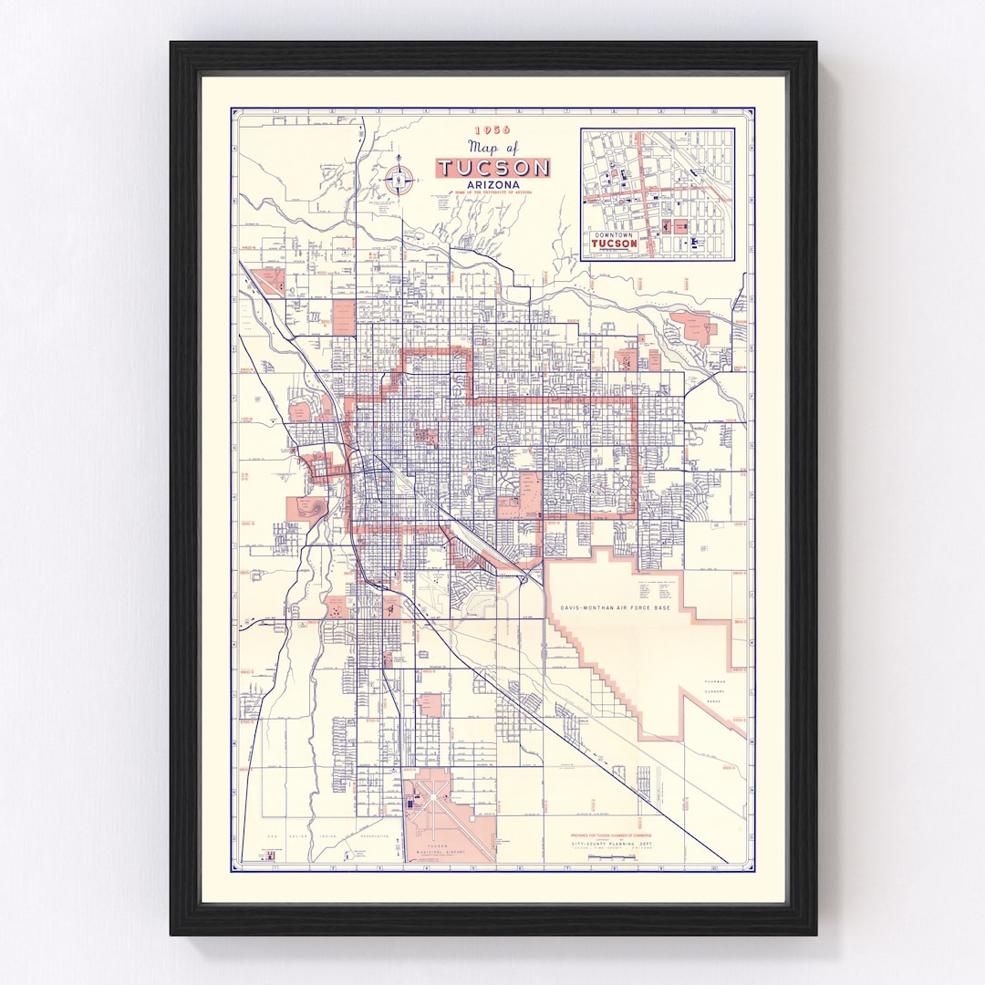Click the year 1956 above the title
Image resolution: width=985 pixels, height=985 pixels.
click(x=493, y=130)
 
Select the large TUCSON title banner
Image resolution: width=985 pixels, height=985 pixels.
click(x=493, y=168)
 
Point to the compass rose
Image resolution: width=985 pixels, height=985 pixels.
click(x=399, y=180)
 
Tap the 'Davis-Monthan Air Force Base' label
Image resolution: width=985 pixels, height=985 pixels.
click(x=613, y=607)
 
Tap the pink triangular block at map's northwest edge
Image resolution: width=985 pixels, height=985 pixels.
click(x=268, y=281)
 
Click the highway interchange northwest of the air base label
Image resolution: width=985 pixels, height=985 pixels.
click(x=524, y=575)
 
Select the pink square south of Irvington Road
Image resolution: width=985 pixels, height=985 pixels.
click(x=430, y=704)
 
